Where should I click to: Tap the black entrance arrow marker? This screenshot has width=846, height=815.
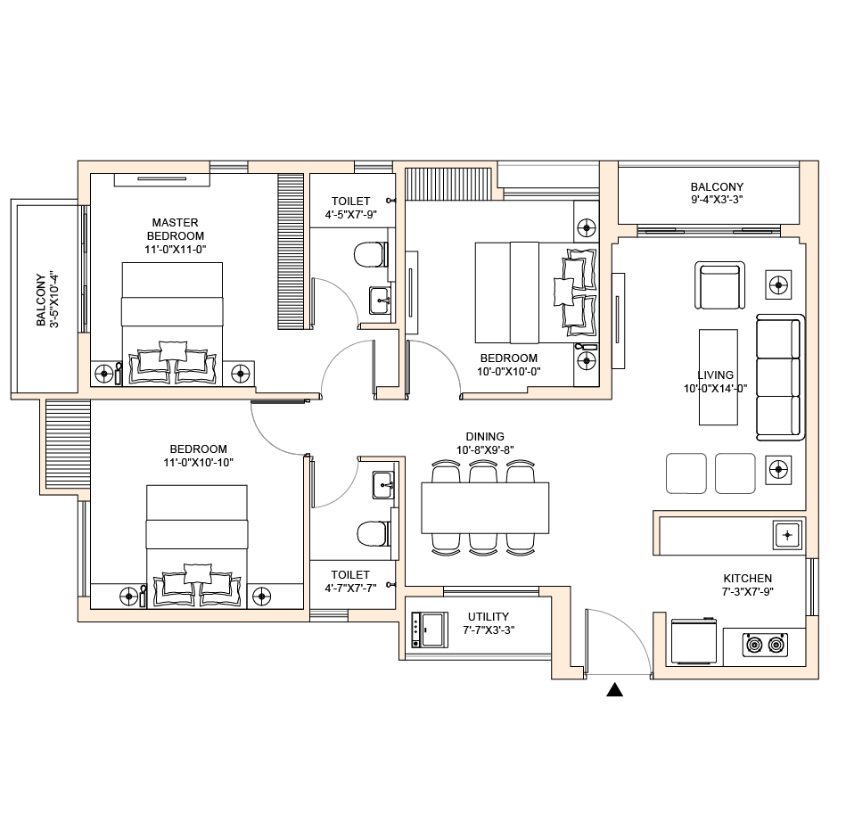[x=614, y=690]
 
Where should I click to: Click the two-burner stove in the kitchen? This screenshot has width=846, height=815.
[x=765, y=645]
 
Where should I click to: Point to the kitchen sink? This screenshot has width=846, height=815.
[x=787, y=535]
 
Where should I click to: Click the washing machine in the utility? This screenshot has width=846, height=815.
[x=430, y=630]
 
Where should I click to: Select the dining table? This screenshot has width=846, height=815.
[x=485, y=508]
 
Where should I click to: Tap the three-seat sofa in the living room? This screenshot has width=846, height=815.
[x=780, y=377]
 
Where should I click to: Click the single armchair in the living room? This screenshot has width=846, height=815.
[x=719, y=285]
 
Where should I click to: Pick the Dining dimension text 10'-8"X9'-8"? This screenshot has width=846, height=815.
[x=485, y=449]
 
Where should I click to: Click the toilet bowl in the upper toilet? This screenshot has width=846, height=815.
[x=371, y=255]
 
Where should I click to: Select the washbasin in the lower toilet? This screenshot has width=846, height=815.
[x=383, y=485]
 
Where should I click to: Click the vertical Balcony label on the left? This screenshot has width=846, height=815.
[x=47, y=300]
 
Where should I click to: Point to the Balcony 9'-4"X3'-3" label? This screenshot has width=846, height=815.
[x=717, y=193]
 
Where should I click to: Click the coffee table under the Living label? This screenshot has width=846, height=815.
[x=719, y=377]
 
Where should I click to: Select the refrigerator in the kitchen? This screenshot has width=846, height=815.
[x=694, y=641]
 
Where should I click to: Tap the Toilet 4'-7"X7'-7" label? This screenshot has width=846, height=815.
[x=350, y=581]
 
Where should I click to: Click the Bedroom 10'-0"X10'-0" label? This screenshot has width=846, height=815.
[x=509, y=365]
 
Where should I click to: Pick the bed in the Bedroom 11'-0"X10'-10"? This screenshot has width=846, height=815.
[x=197, y=547]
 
